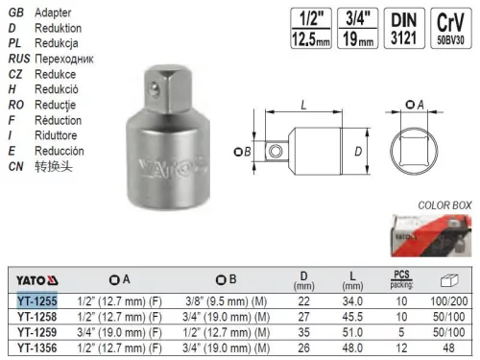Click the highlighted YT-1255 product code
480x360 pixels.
37,301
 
